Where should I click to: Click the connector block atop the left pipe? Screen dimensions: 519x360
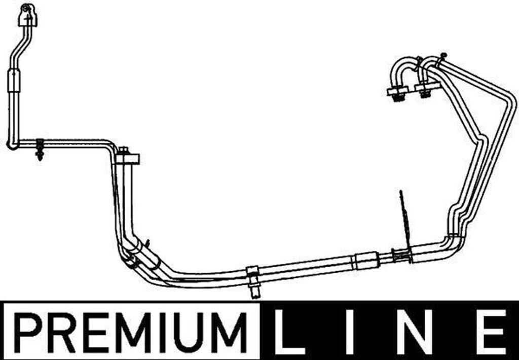click(28, 16)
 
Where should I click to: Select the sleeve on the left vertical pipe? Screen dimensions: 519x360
click(14, 81)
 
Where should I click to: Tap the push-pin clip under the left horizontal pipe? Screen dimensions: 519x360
click(40, 151)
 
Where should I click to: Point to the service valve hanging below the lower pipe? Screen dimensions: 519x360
click(253, 286)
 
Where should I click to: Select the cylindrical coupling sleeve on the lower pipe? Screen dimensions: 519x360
click(365, 261)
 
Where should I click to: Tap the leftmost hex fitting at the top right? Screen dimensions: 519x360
click(397, 93)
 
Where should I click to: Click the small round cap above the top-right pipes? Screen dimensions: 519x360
click(443, 55)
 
